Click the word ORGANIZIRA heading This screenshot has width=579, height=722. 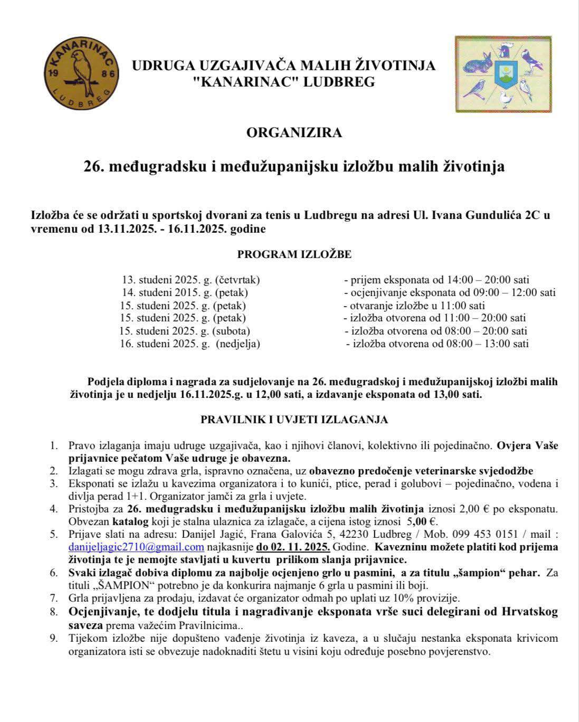[x=294, y=132]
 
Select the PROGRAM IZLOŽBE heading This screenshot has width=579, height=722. [x=294, y=254]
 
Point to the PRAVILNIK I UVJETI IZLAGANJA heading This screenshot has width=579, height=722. [x=294, y=420]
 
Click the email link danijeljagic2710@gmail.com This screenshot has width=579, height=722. [x=136, y=547]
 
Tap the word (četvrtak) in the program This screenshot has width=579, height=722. [x=236, y=280]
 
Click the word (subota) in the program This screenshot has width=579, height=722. [x=231, y=331]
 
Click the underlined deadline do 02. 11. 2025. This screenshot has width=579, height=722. [x=293, y=547]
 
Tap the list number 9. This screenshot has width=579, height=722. [x=54, y=639]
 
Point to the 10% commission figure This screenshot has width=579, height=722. [x=414, y=598]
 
